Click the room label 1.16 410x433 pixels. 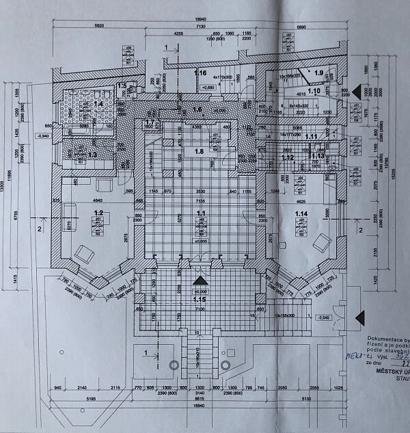(200, 73)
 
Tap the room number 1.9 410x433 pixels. (318, 72)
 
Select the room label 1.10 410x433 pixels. (314, 90)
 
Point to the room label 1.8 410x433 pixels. (200, 151)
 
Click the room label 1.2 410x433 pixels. (98, 213)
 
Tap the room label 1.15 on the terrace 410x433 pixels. (200, 300)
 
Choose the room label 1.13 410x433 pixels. (317, 157)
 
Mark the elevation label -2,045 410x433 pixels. (324, 318)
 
